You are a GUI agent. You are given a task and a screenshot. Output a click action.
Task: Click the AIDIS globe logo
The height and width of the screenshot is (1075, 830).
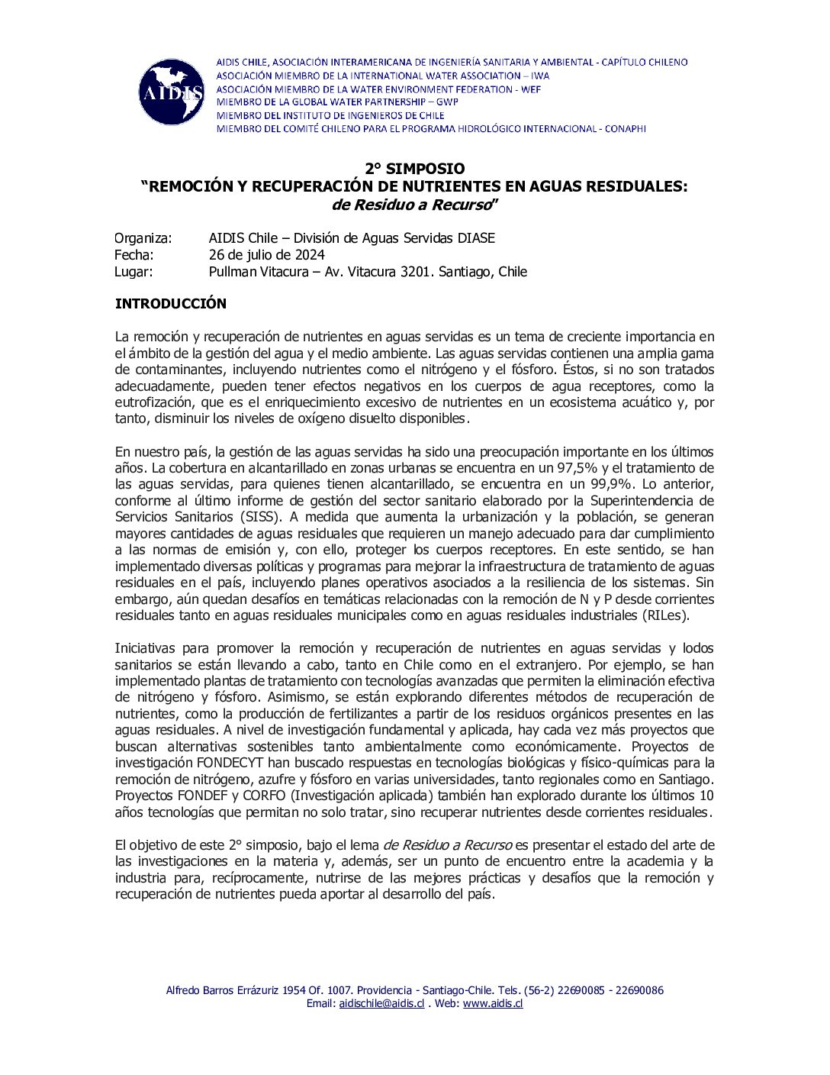coord(172,92)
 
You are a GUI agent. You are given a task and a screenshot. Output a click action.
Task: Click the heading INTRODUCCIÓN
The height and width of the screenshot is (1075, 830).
coord(170,304)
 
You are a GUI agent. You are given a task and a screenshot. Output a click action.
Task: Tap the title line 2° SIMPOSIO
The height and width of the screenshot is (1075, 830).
coord(414,169)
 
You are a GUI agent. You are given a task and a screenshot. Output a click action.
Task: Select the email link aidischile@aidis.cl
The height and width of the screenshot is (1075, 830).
coord(381,1003)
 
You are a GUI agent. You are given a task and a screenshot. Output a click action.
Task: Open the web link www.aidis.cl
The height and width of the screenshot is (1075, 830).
coord(493,1003)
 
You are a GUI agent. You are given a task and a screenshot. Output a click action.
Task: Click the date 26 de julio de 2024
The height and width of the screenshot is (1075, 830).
coord(266,255)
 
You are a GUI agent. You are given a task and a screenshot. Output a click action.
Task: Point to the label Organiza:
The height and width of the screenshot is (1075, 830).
coord(143,238)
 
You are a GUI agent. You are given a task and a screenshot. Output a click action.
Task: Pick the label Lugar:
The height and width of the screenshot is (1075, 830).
coord(134,272)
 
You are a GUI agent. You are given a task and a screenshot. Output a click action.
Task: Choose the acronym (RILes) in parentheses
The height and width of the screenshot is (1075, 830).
coord(665,615)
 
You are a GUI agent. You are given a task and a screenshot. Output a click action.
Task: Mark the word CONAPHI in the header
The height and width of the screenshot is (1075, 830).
coord(625,129)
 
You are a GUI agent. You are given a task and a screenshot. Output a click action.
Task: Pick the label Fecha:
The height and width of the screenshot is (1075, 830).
coord(134,255)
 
